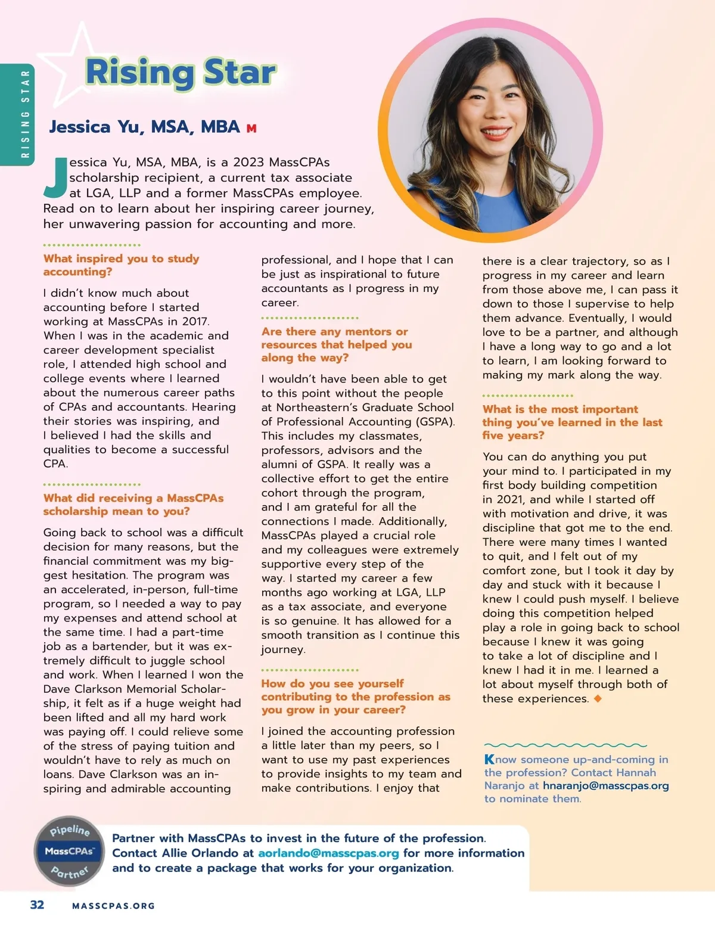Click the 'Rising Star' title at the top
181,73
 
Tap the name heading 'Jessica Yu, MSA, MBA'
144,127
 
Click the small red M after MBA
251,129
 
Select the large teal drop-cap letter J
55,178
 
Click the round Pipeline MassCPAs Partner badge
70,851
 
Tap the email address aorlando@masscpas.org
328,853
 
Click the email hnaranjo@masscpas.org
605,786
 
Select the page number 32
37,905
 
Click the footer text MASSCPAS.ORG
113,906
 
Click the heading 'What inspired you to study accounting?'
121,265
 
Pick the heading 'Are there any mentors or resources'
336,344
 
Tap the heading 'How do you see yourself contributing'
355,697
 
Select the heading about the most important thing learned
572,422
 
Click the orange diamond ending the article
598,698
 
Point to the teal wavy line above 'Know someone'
565,745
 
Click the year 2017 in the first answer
195,321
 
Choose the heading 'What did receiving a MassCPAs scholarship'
133,505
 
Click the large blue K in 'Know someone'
489,760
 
